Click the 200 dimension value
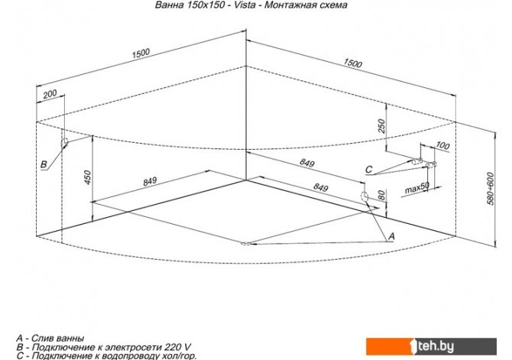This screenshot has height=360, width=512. (x=50, y=94)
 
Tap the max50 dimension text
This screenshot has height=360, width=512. (x=416, y=186)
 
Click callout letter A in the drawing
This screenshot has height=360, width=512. (x=391, y=236)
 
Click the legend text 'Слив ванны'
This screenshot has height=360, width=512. (x=58, y=337)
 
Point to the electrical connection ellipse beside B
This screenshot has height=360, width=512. (x=66, y=142)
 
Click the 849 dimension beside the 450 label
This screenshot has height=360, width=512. (x=150, y=181)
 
